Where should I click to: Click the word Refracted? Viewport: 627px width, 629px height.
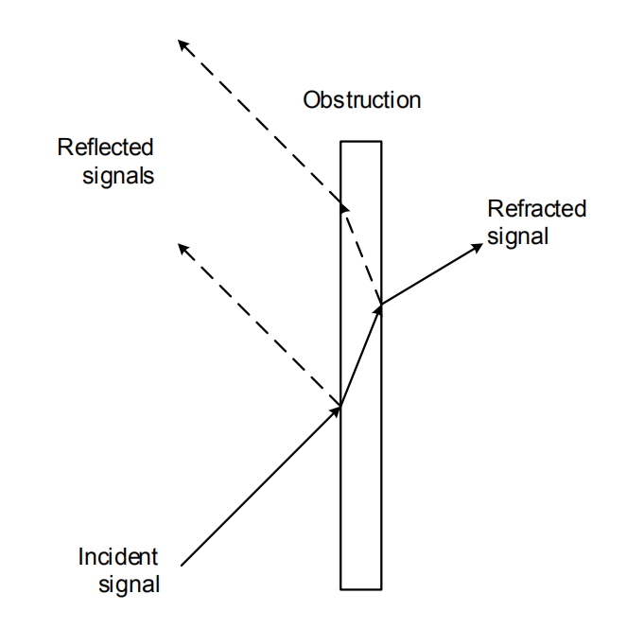point(536,209)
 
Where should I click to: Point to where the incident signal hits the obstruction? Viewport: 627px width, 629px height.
point(340,409)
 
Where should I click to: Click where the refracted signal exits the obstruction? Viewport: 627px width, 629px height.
point(381,304)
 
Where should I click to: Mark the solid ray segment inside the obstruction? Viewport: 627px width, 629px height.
point(360,357)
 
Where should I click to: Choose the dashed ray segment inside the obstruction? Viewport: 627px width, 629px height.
point(362,253)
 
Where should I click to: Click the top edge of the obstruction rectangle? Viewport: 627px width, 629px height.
point(360,142)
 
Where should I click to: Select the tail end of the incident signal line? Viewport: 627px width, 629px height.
point(181,567)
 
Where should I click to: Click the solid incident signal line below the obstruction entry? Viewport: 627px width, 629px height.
point(260,487)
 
